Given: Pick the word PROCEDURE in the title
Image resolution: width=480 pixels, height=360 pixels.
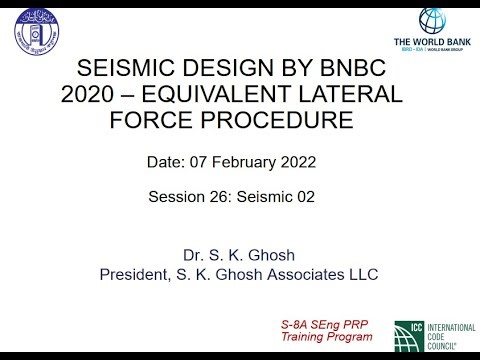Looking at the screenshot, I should [x=287, y=121].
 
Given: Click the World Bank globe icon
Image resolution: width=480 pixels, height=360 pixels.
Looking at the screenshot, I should [x=431, y=21].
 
